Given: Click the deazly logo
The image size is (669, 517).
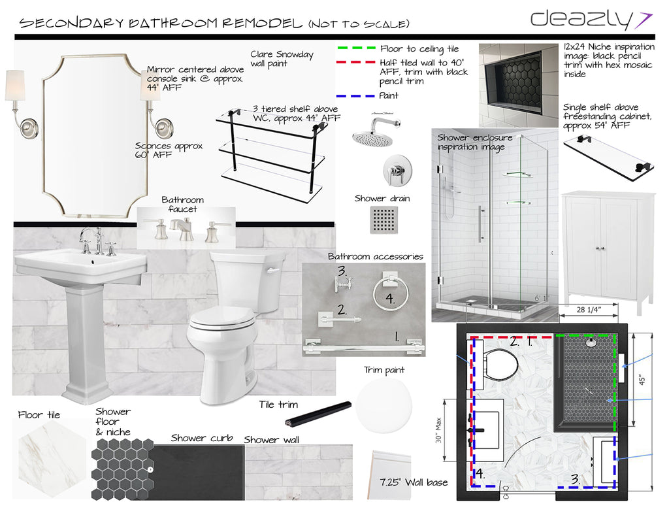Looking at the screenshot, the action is tap(591, 20).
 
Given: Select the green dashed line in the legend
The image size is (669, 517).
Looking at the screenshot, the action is tap(356, 48).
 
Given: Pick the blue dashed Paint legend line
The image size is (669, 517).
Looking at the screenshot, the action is tap(355, 96).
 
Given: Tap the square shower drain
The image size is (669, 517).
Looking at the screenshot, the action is tap(384, 220).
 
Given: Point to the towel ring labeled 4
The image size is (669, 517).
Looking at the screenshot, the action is tap(391, 293).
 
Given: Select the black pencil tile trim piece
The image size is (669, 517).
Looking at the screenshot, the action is tap(318, 414).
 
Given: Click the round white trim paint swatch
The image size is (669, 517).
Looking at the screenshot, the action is tap(384, 405).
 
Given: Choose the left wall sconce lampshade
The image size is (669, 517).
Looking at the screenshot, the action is tap(15, 86).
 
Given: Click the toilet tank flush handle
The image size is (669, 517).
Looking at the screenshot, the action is tap(272, 270).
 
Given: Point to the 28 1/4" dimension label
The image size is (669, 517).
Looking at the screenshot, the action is tap(589, 310).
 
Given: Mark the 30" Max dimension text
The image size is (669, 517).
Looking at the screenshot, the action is tap(438, 430).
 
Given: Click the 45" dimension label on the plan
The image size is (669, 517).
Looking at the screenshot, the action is tap(642, 379).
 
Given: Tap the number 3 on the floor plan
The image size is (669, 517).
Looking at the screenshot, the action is tap(575, 480).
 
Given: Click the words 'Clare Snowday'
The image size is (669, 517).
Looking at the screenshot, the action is tap(282, 54).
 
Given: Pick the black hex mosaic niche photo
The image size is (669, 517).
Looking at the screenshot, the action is tap(518, 86).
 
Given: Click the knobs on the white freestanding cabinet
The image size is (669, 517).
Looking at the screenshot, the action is tap(600, 248).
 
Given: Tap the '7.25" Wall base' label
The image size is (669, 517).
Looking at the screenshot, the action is tap(414, 482).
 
